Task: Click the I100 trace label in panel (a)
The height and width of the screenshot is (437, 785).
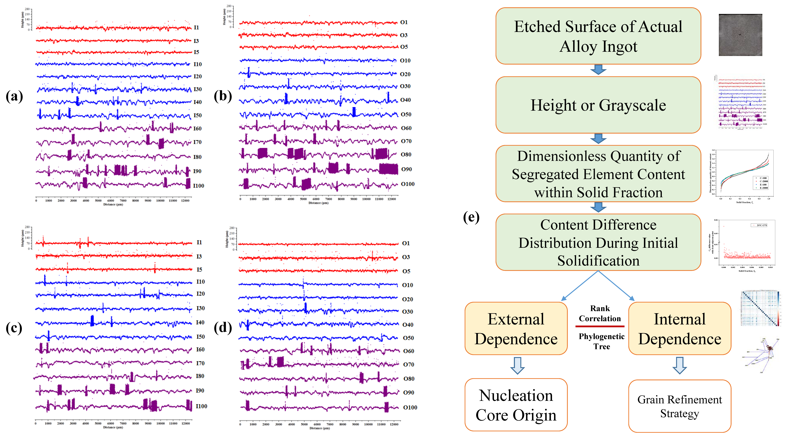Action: (198, 186)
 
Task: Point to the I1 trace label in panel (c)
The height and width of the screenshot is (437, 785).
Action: (199, 242)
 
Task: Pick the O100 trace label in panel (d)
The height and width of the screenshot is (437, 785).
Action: (410, 407)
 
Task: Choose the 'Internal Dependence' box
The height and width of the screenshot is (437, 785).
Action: (680, 329)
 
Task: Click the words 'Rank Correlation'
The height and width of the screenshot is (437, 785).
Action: (600, 313)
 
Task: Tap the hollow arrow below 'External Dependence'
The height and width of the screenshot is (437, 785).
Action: (517, 365)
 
